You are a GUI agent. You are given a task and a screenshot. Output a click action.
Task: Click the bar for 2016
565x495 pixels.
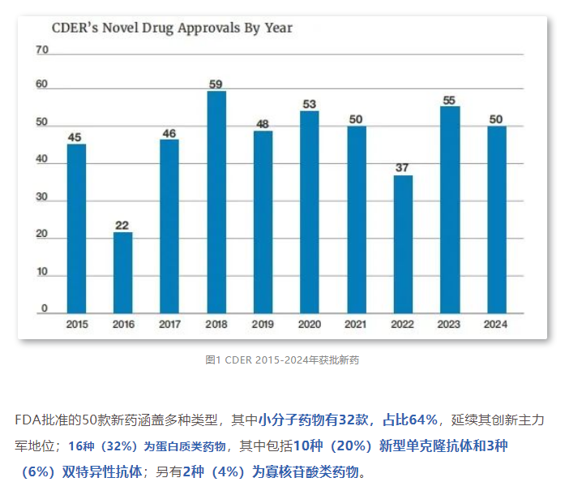(123, 273)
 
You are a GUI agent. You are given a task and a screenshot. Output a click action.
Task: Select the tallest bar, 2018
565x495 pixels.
(216, 202)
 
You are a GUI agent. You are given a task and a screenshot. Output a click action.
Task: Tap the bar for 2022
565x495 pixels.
(403, 244)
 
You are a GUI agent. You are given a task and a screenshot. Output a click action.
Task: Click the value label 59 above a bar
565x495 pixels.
(216, 83)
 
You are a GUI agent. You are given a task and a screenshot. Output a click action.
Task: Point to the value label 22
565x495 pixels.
(123, 225)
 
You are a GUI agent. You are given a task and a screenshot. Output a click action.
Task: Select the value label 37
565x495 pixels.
(403, 168)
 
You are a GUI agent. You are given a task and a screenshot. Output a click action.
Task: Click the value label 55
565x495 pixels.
(450, 100)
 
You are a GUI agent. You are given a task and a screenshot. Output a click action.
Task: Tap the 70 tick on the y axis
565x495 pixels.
(43, 50)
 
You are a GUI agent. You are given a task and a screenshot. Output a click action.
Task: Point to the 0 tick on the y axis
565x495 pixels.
(45, 308)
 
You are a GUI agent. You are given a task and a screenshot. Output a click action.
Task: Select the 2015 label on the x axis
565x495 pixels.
(76, 325)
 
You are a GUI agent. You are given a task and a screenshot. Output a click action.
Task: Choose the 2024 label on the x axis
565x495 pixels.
(497, 325)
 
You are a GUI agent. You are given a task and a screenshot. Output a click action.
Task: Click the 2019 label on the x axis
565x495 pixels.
(263, 325)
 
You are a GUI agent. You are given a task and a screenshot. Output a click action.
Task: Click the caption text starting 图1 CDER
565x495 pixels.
(281, 359)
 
